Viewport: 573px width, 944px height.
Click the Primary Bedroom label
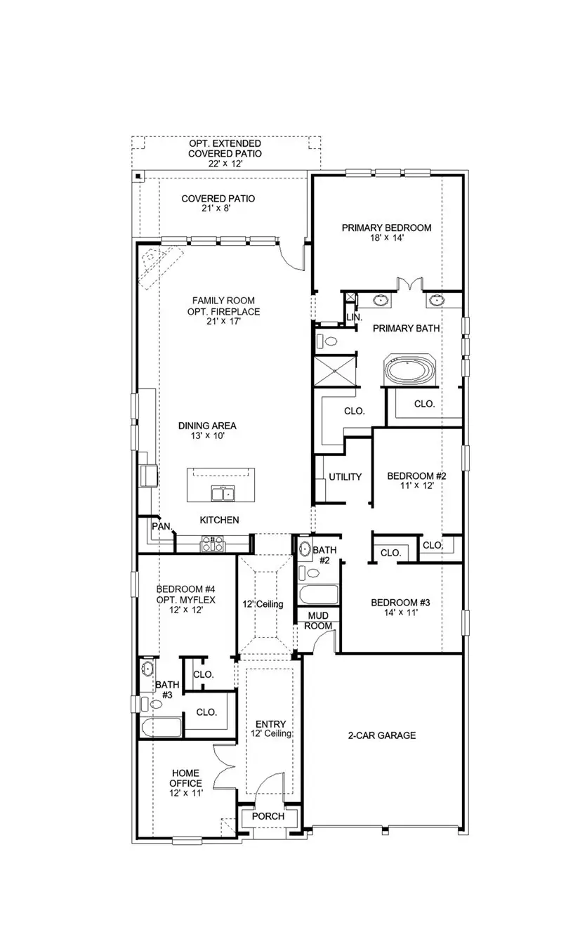point(386,228)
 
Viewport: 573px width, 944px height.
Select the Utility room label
point(345,477)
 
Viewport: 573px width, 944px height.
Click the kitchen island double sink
point(223,494)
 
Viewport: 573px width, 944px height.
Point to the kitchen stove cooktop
point(212,543)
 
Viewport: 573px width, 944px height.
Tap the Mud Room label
point(317,620)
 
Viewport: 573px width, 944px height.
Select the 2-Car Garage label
point(382,735)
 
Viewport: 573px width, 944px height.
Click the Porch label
point(268,816)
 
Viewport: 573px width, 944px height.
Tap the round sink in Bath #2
point(305,549)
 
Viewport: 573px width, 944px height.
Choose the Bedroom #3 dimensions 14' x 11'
point(395,612)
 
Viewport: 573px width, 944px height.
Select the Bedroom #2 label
point(417,476)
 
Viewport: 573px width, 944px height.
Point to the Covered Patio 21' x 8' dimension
point(218,209)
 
